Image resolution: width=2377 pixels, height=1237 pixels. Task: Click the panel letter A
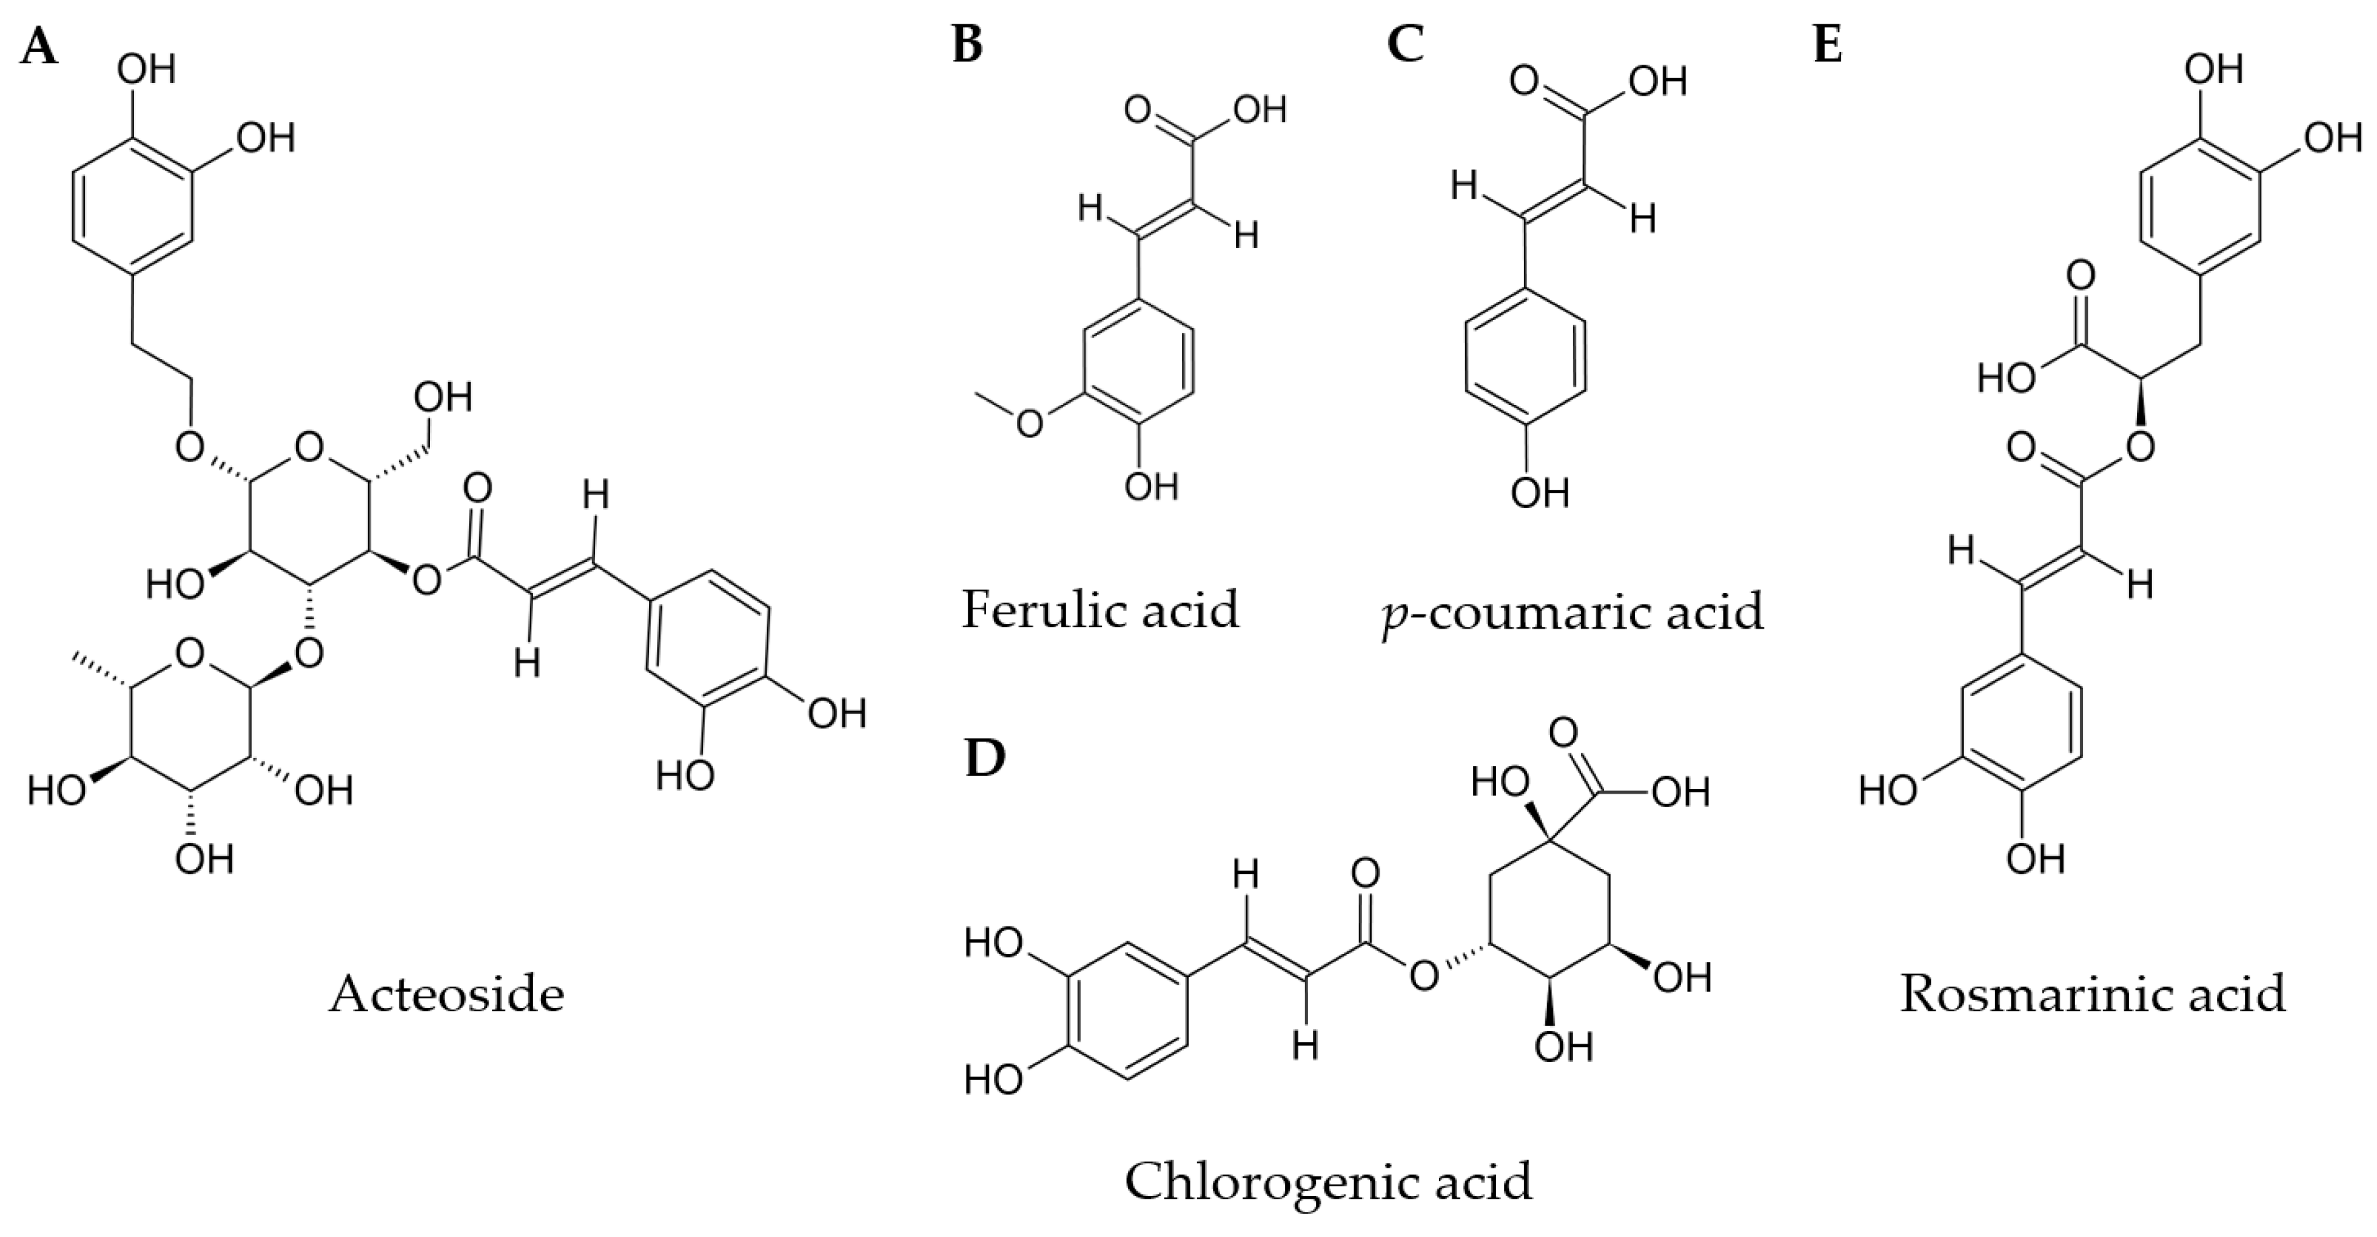tap(39, 46)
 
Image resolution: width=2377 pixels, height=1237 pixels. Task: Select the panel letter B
tap(967, 46)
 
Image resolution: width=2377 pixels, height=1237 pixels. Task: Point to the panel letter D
tap(984, 758)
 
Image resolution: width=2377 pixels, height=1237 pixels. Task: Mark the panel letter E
tap(1828, 46)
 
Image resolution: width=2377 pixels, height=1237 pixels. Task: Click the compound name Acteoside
tap(447, 995)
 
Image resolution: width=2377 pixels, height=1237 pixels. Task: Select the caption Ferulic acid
tap(1100, 610)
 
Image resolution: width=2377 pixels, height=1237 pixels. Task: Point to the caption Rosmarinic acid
tap(2093, 995)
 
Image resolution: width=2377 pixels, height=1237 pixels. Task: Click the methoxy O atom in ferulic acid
tap(1029, 423)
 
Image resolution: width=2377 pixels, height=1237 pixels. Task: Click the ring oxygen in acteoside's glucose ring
tap(309, 449)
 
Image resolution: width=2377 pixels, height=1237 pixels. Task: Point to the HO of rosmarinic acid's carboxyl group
tap(2006, 377)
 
